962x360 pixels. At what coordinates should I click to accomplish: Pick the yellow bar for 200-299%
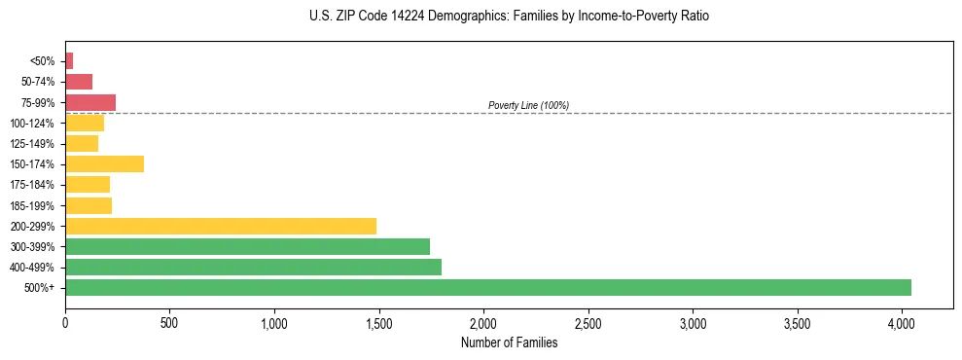point(221,226)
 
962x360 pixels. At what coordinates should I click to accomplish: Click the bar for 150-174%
point(104,163)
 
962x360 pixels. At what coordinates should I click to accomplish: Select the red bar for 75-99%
point(90,102)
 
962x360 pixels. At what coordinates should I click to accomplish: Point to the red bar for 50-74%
point(79,82)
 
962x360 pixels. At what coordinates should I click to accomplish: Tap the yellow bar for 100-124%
point(85,123)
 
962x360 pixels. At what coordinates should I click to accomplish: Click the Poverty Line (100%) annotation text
point(528,105)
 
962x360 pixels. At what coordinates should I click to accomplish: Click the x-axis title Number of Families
point(509,342)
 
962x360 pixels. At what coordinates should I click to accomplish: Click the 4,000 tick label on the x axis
point(902,322)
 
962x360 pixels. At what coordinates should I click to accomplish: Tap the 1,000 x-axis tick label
point(274,322)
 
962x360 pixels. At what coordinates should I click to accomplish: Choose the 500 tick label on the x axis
point(169,322)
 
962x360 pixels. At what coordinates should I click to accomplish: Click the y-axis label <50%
point(43,61)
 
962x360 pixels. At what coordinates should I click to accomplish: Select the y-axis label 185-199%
point(32,205)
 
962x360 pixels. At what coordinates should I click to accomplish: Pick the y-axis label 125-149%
point(32,143)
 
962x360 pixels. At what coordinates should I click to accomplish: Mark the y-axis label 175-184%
point(32,185)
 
